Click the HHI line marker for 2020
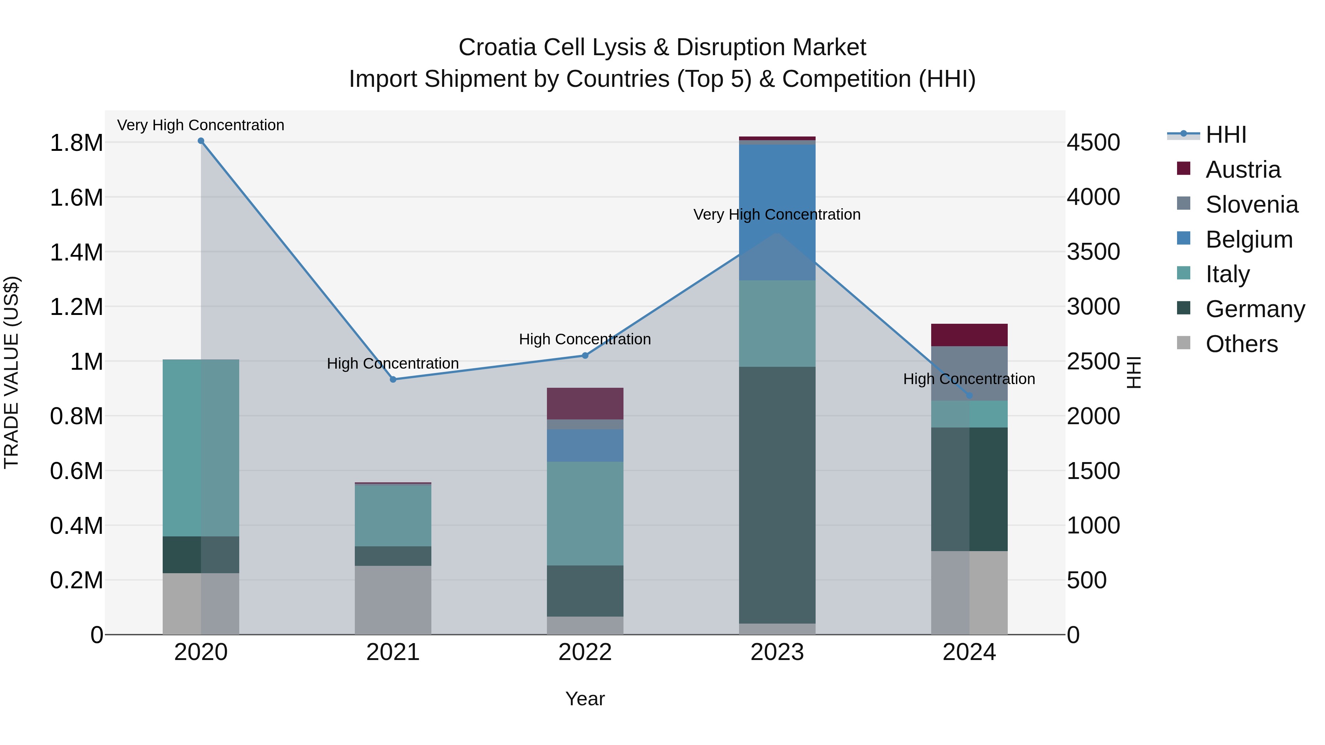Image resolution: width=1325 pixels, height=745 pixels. click(201, 141)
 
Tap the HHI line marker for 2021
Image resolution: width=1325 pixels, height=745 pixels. click(393, 379)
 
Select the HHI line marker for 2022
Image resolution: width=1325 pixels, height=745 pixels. click(585, 355)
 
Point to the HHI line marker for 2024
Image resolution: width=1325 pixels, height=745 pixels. click(969, 395)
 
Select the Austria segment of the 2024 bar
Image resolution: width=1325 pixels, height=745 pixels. click(969, 335)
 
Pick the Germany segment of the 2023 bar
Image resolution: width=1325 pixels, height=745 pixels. click(777, 494)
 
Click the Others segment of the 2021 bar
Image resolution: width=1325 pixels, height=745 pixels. click(393, 600)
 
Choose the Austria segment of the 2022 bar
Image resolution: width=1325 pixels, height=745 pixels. click(585, 403)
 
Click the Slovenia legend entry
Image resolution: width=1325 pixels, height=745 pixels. click(1251, 205)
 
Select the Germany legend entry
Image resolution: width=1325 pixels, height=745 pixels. click(1255, 309)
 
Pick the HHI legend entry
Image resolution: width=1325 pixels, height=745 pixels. click(1225, 135)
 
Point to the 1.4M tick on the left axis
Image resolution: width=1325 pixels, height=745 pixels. click(76, 252)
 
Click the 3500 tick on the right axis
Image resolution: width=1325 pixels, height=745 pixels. click(1093, 252)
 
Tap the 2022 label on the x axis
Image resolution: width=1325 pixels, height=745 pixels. click(585, 652)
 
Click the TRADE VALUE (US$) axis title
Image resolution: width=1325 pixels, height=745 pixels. click(11, 372)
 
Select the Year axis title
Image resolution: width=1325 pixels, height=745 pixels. click(585, 699)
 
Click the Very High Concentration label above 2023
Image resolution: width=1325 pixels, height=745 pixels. click(777, 214)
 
